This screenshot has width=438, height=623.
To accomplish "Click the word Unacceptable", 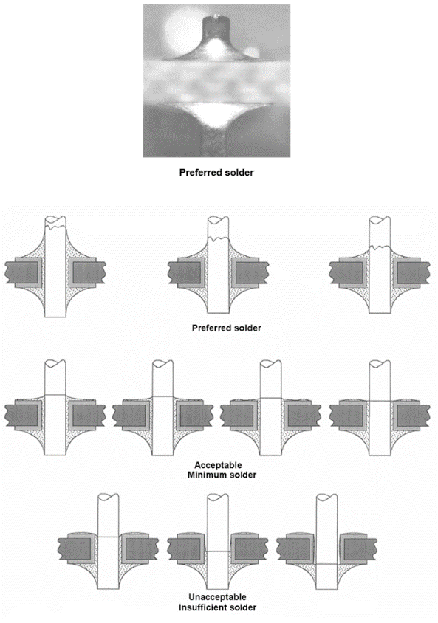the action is pos(217,596).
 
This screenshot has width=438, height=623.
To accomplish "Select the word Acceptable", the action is pos(218,465).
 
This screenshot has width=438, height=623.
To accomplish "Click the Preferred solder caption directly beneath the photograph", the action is pos(216,173).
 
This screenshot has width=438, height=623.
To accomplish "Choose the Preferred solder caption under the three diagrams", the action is pos(227,328).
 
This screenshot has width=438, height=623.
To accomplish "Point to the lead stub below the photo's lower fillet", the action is pos(216,142).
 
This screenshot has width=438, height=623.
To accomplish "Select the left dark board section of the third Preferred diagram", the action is pos(346,272).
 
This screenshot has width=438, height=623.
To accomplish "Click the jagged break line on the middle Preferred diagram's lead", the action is pos(218,238).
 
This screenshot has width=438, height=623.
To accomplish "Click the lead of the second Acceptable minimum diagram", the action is pos(163,408).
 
